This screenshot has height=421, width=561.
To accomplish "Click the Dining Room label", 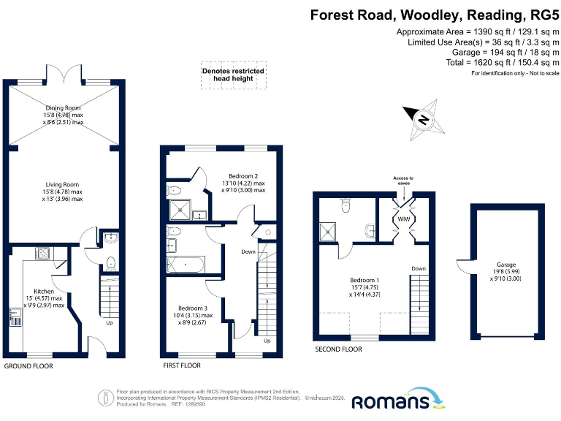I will point(62,108).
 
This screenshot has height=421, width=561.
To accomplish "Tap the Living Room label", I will point(62,185).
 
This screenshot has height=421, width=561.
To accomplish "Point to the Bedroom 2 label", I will point(243,176).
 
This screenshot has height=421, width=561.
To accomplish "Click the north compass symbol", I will point(422,118).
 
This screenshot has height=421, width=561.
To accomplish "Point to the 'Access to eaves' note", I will point(402,181).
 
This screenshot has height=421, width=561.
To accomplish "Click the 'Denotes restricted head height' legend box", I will point(233,75).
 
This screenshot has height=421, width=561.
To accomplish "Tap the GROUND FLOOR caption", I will point(28,365).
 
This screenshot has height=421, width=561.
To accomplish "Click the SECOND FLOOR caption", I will point(338,349).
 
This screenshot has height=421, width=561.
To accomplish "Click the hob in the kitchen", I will point(43,254).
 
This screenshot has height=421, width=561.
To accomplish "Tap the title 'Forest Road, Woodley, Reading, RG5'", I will point(435,14).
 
